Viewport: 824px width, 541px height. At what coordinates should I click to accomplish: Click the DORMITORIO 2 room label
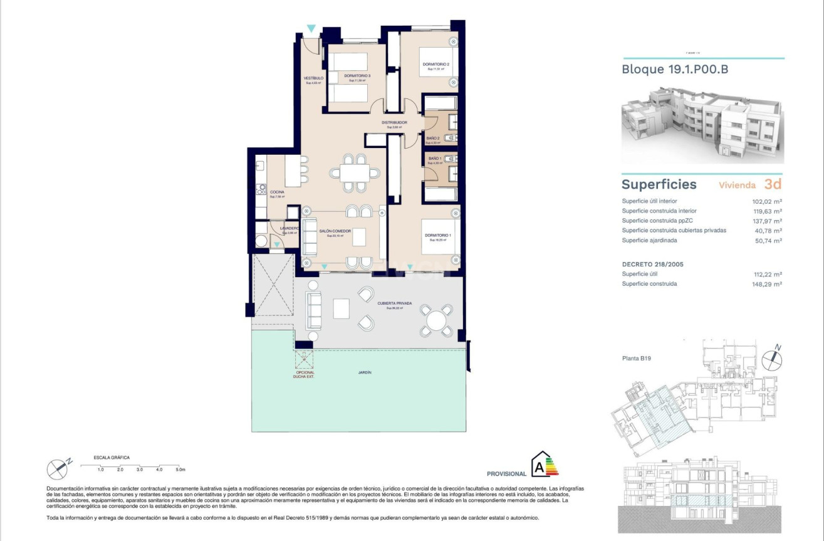[x=435, y=65]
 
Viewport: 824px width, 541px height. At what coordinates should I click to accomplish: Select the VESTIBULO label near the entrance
[x=313, y=78]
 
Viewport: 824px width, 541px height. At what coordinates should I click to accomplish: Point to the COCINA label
[x=276, y=192]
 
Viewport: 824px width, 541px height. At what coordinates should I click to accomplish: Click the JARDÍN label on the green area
[x=365, y=372]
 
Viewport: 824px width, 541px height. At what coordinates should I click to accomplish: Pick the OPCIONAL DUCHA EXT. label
[x=304, y=375]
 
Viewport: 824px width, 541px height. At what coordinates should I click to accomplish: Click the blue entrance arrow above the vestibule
[x=311, y=29]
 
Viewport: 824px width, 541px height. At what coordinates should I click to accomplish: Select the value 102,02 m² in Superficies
[x=767, y=202]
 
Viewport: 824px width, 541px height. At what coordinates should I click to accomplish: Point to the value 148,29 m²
[x=767, y=284]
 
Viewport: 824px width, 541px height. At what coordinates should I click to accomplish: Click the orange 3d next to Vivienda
[x=773, y=184]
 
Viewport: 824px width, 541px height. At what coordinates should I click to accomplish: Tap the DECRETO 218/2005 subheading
[x=652, y=265]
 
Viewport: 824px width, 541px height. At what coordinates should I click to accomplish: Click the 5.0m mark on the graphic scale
[x=180, y=469]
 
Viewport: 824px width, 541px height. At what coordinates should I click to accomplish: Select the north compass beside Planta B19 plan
[x=775, y=357]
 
